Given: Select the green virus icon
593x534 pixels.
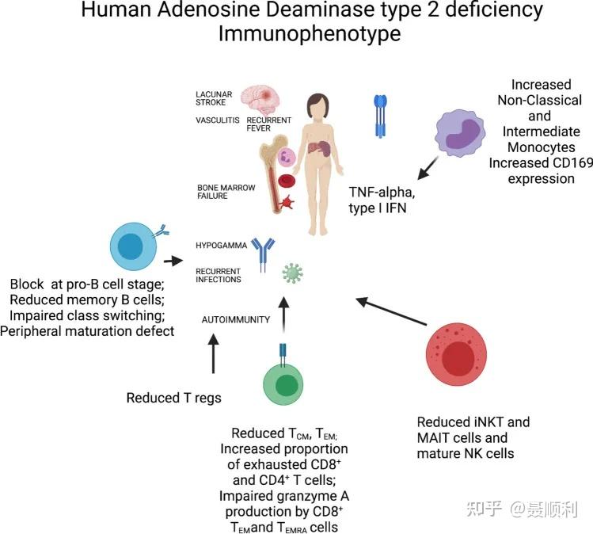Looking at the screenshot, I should (293, 273).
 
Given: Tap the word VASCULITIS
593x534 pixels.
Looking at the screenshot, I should (219, 120).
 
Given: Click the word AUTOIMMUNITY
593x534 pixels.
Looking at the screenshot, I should (236, 319).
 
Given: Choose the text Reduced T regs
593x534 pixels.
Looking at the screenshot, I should (174, 398).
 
